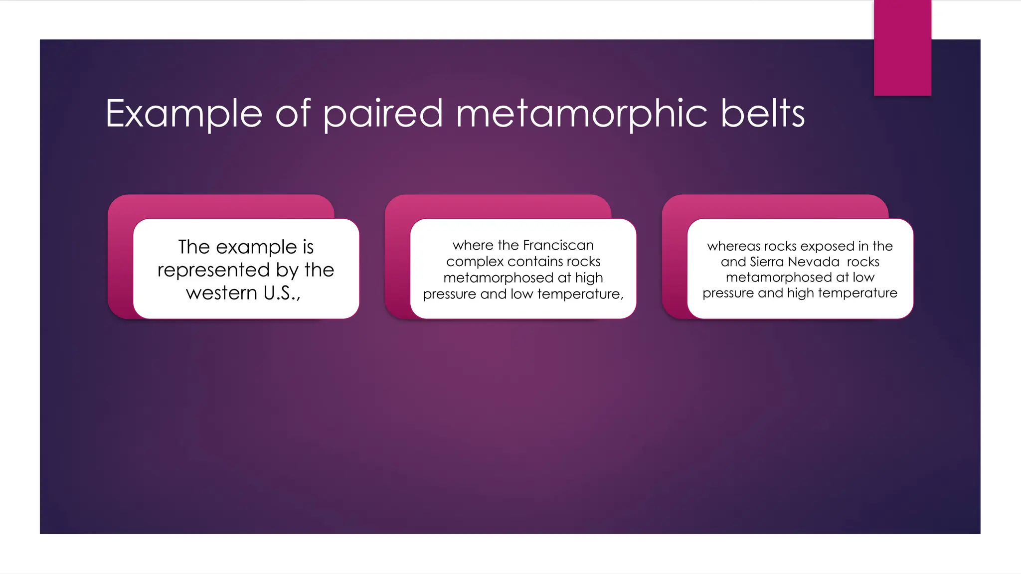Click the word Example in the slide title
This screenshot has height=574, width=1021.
point(183,114)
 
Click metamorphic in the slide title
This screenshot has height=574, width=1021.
point(581,114)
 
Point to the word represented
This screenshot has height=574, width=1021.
point(213,270)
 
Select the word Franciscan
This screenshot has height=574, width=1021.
point(558,245)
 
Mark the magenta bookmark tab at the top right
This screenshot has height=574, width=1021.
point(902,47)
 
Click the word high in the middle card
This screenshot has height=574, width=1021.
point(589,278)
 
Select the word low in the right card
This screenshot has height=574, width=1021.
point(863,277)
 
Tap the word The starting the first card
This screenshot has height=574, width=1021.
point(194,247)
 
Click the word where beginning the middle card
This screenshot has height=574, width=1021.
point(473,245)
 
